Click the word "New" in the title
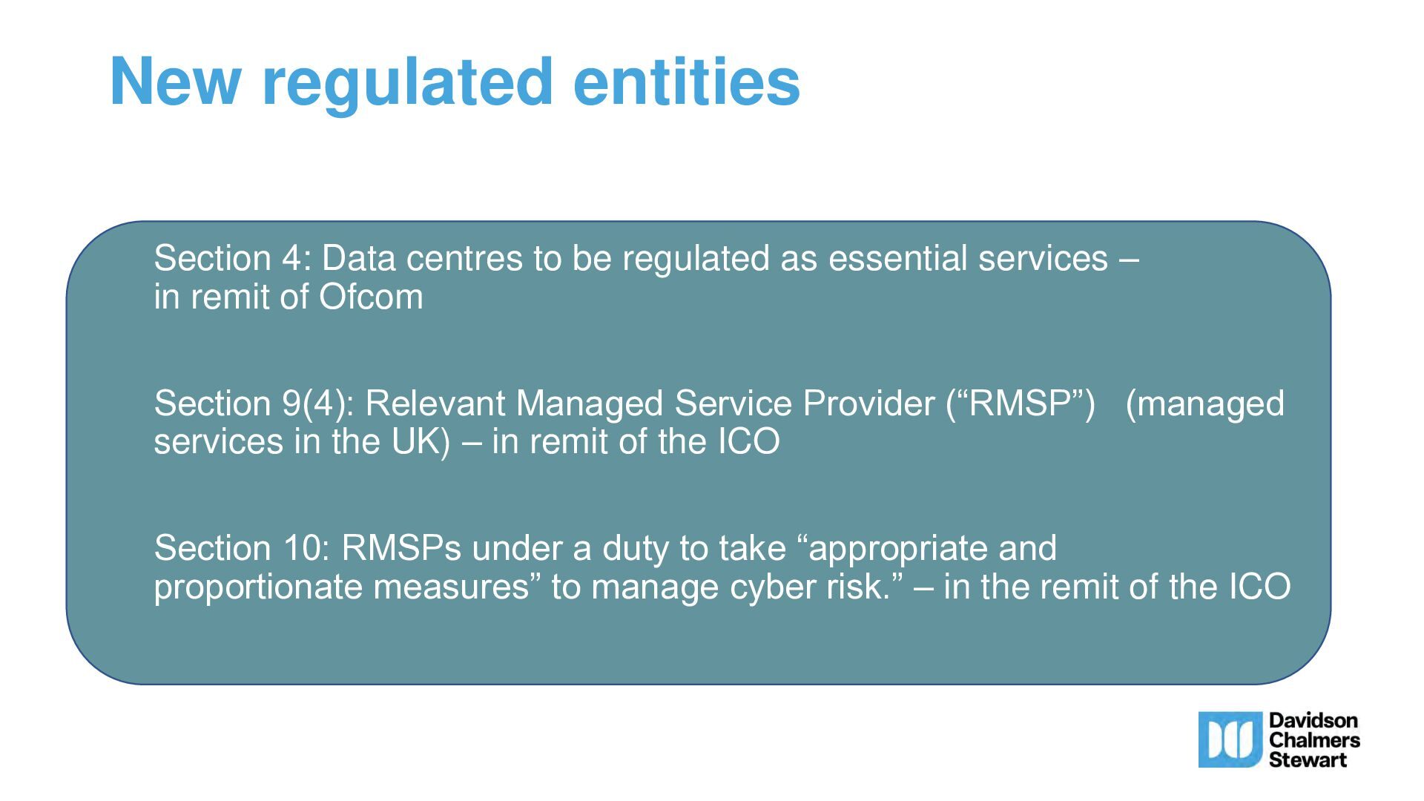tap(175, 82)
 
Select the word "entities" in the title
tap(687, 81)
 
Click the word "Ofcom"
tap(371, 297)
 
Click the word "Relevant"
tap(435, 403)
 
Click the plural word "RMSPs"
tap(401, 549)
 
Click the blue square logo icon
tap(1230, 739)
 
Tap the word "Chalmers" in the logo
tap(1314, 739)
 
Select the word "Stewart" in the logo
tap(1308, 759)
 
